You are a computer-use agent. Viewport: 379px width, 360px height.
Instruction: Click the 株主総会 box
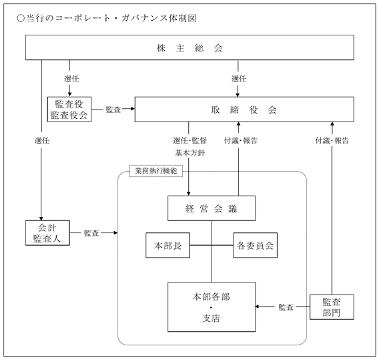[x=190, y=47]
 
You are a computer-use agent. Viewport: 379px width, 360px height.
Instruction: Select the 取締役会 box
[x=244, y=110]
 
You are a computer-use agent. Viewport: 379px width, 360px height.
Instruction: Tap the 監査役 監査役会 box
[x=69, y=110]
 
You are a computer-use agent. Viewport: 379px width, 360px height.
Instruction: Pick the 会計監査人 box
[x=47, y=232]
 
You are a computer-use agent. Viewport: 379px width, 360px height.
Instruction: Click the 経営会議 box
[x=212, y=208]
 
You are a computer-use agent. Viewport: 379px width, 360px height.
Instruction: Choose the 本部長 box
[x=167, y=245]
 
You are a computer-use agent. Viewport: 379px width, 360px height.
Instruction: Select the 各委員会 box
[x=256, y=245]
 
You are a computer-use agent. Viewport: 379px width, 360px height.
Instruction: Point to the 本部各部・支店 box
[x=212, y=307]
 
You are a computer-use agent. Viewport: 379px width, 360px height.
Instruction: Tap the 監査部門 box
[x=332, y=307]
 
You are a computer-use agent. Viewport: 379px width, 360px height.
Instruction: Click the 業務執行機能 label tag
[x=156, y=171]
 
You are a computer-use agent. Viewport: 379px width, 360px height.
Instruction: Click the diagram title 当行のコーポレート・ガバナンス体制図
[x=106, y=18]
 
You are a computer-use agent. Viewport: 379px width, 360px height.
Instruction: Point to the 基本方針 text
[x=190, y=153]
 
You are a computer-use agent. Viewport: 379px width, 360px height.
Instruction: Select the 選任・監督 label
[x=190, y=140]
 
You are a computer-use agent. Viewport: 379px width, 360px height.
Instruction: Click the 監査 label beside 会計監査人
[x=91, y=233]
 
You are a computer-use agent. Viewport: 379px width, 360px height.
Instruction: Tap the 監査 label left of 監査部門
[x=286, y=307]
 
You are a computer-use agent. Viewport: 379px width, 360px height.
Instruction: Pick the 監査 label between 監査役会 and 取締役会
[x=113, y=110]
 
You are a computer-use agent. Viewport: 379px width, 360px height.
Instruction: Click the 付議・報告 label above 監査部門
[x=332, y=140]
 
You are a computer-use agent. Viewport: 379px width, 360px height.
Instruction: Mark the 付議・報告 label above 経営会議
[x=241, y=140]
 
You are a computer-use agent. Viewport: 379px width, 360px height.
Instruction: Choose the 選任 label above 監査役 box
[x=71, y=79]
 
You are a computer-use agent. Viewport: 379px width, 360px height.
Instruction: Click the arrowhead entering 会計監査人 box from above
[x=41, y=218]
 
